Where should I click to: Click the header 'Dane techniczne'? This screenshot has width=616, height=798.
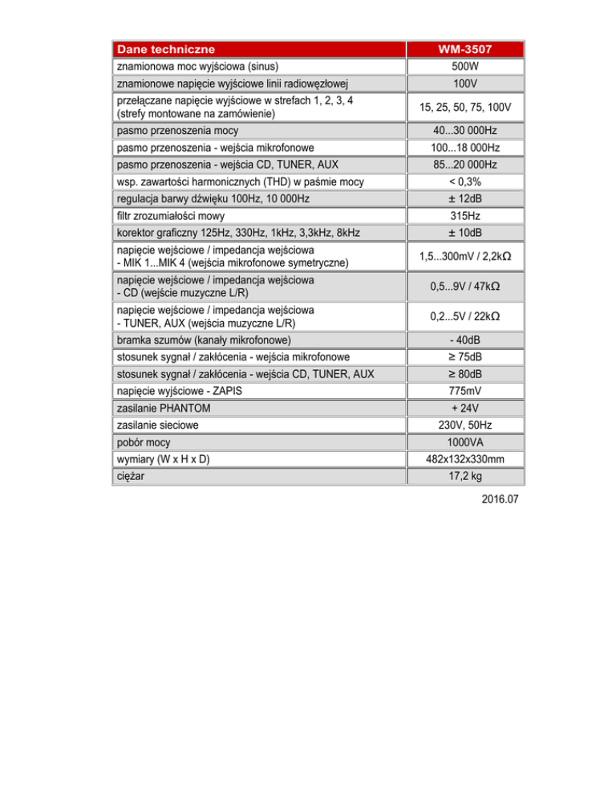[x=164, y=50]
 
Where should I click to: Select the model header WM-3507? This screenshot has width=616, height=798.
[x=464, y=50]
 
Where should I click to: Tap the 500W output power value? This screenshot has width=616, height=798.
[x=464, y=66]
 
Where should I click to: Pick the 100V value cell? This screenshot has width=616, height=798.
[x=464, y=83]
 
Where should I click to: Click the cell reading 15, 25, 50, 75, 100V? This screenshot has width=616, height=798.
[x=464, y=108]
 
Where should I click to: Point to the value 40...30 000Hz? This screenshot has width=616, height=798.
[x=464, y=131]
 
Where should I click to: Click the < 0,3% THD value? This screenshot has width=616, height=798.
[x=464, y=181]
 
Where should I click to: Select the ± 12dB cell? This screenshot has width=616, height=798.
[x=464, y=198]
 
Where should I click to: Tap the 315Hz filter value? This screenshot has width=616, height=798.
[x=464, y=216]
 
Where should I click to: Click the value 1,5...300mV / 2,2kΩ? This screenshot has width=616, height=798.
[x=464, y=256]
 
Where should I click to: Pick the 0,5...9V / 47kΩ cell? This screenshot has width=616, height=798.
[x=464, y=287]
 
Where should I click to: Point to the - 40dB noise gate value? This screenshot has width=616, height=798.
[x=464, y=340]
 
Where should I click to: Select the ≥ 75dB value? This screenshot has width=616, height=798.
[x=464, y=356]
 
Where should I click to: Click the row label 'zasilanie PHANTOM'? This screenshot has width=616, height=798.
[x=159, y=408]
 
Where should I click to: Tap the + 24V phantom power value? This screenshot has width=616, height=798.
[x=464, y=408]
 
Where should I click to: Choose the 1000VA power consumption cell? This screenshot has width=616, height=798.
[x=464, y=442]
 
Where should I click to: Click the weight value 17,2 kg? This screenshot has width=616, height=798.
[x=464, y=477]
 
